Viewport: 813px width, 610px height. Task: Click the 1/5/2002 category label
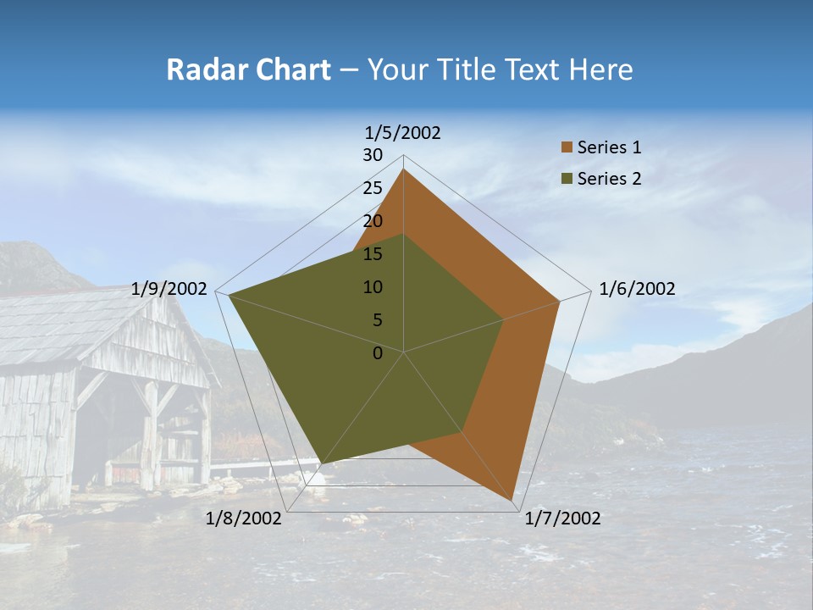403,133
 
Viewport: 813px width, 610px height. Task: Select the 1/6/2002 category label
637,289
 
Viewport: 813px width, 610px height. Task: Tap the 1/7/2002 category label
562,518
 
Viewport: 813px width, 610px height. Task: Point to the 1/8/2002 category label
244,518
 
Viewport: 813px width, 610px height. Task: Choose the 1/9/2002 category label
169,289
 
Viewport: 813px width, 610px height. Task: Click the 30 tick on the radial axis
373,155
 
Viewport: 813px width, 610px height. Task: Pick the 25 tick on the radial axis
373,188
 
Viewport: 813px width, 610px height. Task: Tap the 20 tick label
373,221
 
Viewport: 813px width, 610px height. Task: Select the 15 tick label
373,254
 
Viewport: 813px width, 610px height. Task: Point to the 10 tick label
373,287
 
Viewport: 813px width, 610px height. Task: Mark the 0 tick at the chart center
378,353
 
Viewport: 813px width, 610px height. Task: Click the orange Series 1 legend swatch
566,147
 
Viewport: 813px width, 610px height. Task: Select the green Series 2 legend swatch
566,179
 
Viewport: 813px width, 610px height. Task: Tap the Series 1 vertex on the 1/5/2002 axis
404,169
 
